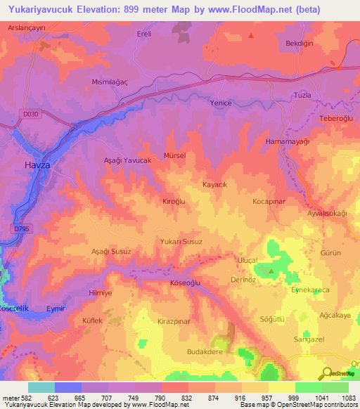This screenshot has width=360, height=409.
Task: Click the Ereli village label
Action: [143, 33]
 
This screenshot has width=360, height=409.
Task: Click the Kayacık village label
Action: [215, 184]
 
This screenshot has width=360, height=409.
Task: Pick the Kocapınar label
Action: [269, 201]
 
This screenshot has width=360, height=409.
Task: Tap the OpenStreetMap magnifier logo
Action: [326, 375]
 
